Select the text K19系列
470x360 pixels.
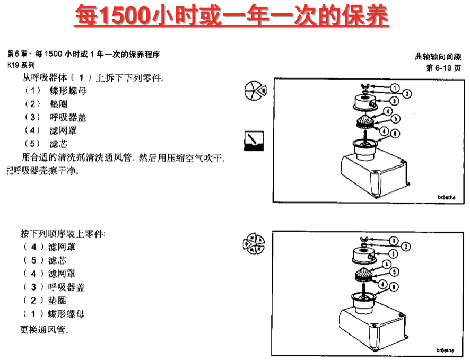coord(21,65)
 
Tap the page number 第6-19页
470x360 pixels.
coord(443,68)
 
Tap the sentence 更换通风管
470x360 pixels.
coord(45,329)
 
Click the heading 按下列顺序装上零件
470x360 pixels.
coord(63,233)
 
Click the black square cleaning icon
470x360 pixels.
coord(253,141)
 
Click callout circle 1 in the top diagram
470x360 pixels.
coord(395,87)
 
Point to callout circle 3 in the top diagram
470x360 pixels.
coord(395,101)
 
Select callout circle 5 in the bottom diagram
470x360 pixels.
coord(395,271)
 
